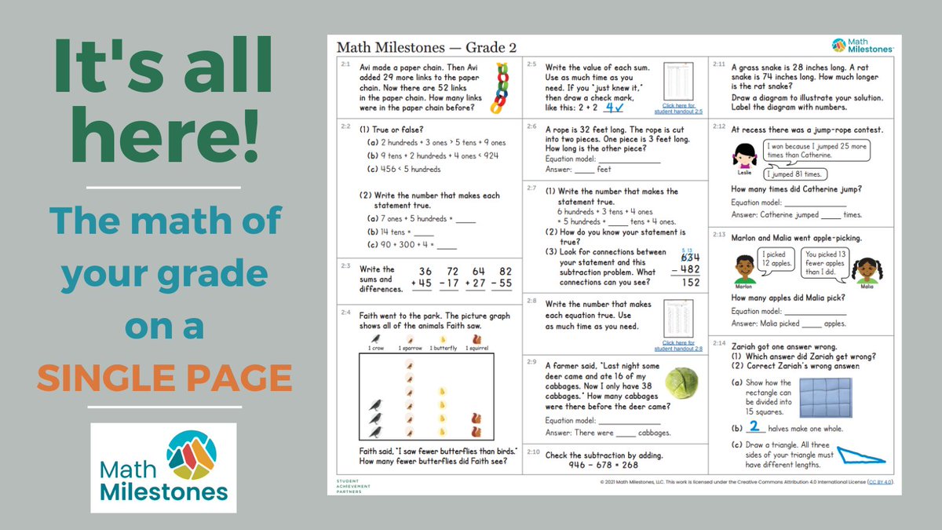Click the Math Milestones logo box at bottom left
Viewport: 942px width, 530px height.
coord(163,467)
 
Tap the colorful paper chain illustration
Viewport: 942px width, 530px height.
coord(498,86)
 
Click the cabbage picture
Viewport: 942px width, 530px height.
coord(681,384)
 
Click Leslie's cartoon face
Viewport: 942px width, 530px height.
coord(746,155)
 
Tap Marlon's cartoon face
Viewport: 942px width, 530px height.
coord(745,269)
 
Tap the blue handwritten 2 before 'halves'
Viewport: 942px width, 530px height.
coord(754,427)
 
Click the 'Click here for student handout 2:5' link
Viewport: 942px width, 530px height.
coord(678,108)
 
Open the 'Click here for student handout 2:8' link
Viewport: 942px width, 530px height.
coord(678,346)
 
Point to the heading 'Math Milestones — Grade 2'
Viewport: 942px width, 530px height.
coord(426,47)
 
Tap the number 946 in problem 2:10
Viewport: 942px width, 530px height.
coord(580,465)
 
